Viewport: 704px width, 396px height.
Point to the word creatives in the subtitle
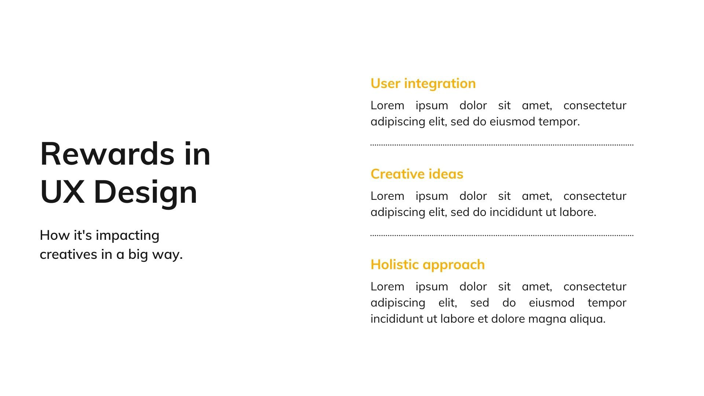coord(68,254)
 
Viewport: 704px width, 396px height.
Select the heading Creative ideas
coord(417,174)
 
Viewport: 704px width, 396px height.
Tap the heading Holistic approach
coord(428,265)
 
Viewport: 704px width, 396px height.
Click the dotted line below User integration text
coord(502,145)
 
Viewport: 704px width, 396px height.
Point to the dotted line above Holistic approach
coord(502,235)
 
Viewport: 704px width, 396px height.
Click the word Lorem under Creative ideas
coord(387,196)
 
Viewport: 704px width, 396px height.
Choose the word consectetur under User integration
coord(595,106)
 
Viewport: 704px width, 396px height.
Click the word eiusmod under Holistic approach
coord(551,303)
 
